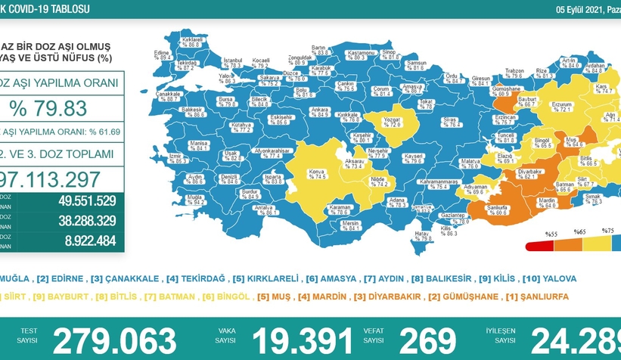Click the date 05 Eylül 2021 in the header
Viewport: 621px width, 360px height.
(x=560, y=8)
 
